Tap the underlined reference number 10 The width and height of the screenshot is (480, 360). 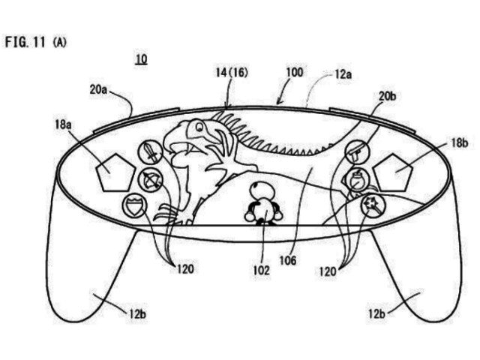click(x=142, y=59)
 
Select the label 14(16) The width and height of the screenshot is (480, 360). click(x=232, y=73)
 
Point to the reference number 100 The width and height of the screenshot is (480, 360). click(x=295, y=73)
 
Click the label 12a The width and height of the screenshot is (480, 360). click(x=343, y=74)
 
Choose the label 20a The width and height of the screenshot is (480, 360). click(x=98, y=90)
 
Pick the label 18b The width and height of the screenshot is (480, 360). click(x=459, y=143)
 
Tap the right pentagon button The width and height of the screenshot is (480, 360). click(x=393, y=172)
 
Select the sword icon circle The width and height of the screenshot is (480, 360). click(x=150, y=151)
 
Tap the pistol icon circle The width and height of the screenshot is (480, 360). click(x=357, y=152)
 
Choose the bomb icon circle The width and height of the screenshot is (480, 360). click(x=357, y=180)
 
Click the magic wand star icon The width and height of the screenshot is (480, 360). click(x=373, y=205)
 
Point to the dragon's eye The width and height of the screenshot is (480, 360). click(x=199, y=126)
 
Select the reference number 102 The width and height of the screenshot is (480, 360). click(x=262, y=270)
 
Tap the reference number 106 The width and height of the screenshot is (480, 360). click(x=288, y=260)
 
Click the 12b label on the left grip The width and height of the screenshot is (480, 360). click(x=137, y=314)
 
